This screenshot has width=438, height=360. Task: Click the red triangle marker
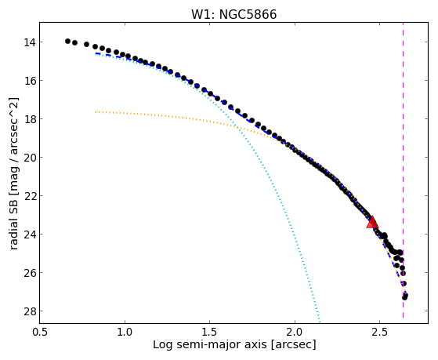pyautogui.click(x=372, y=223)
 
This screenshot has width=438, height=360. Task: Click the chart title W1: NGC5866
pyautogui.click(x=233, y=15)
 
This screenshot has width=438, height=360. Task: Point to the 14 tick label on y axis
pyautogui.click(x=29, y=42)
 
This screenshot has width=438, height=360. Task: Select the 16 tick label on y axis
pyautogui.click(x=29, y=81)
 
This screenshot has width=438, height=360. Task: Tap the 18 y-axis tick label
pyautogui.click(x=29, y=119)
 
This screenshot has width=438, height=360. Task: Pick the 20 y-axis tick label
pyautogui.click(x=29, y=158)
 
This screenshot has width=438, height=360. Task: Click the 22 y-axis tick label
pyautogui.click(x=29, y=196)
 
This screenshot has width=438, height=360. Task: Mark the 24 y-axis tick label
pyautogui.click(x=29, y=235)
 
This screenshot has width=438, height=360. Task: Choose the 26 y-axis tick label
pyautogui.click(x=29, y=272)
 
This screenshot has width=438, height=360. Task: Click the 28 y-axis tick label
pyautogui.click(x=29, y=311)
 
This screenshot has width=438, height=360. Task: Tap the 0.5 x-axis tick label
pyautogui.click(x=40, y=332)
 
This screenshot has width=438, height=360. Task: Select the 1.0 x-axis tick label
pyautogui.click(x=125, y=332)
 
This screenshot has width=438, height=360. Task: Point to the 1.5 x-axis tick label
pyautogui.click(x=209, y=332)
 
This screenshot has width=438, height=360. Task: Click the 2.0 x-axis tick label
pyautogui.click(x=295, y=332)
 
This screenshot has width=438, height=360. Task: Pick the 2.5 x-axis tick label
pyautogui.click(x=379, y=332)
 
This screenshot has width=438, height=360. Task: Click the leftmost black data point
pyautogui.click(x=67, y=41)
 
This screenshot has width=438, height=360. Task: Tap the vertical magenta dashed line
pyautogui.click(x=403, y=170)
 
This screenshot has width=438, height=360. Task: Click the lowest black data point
pyautogui.click(x=404, y=297)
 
